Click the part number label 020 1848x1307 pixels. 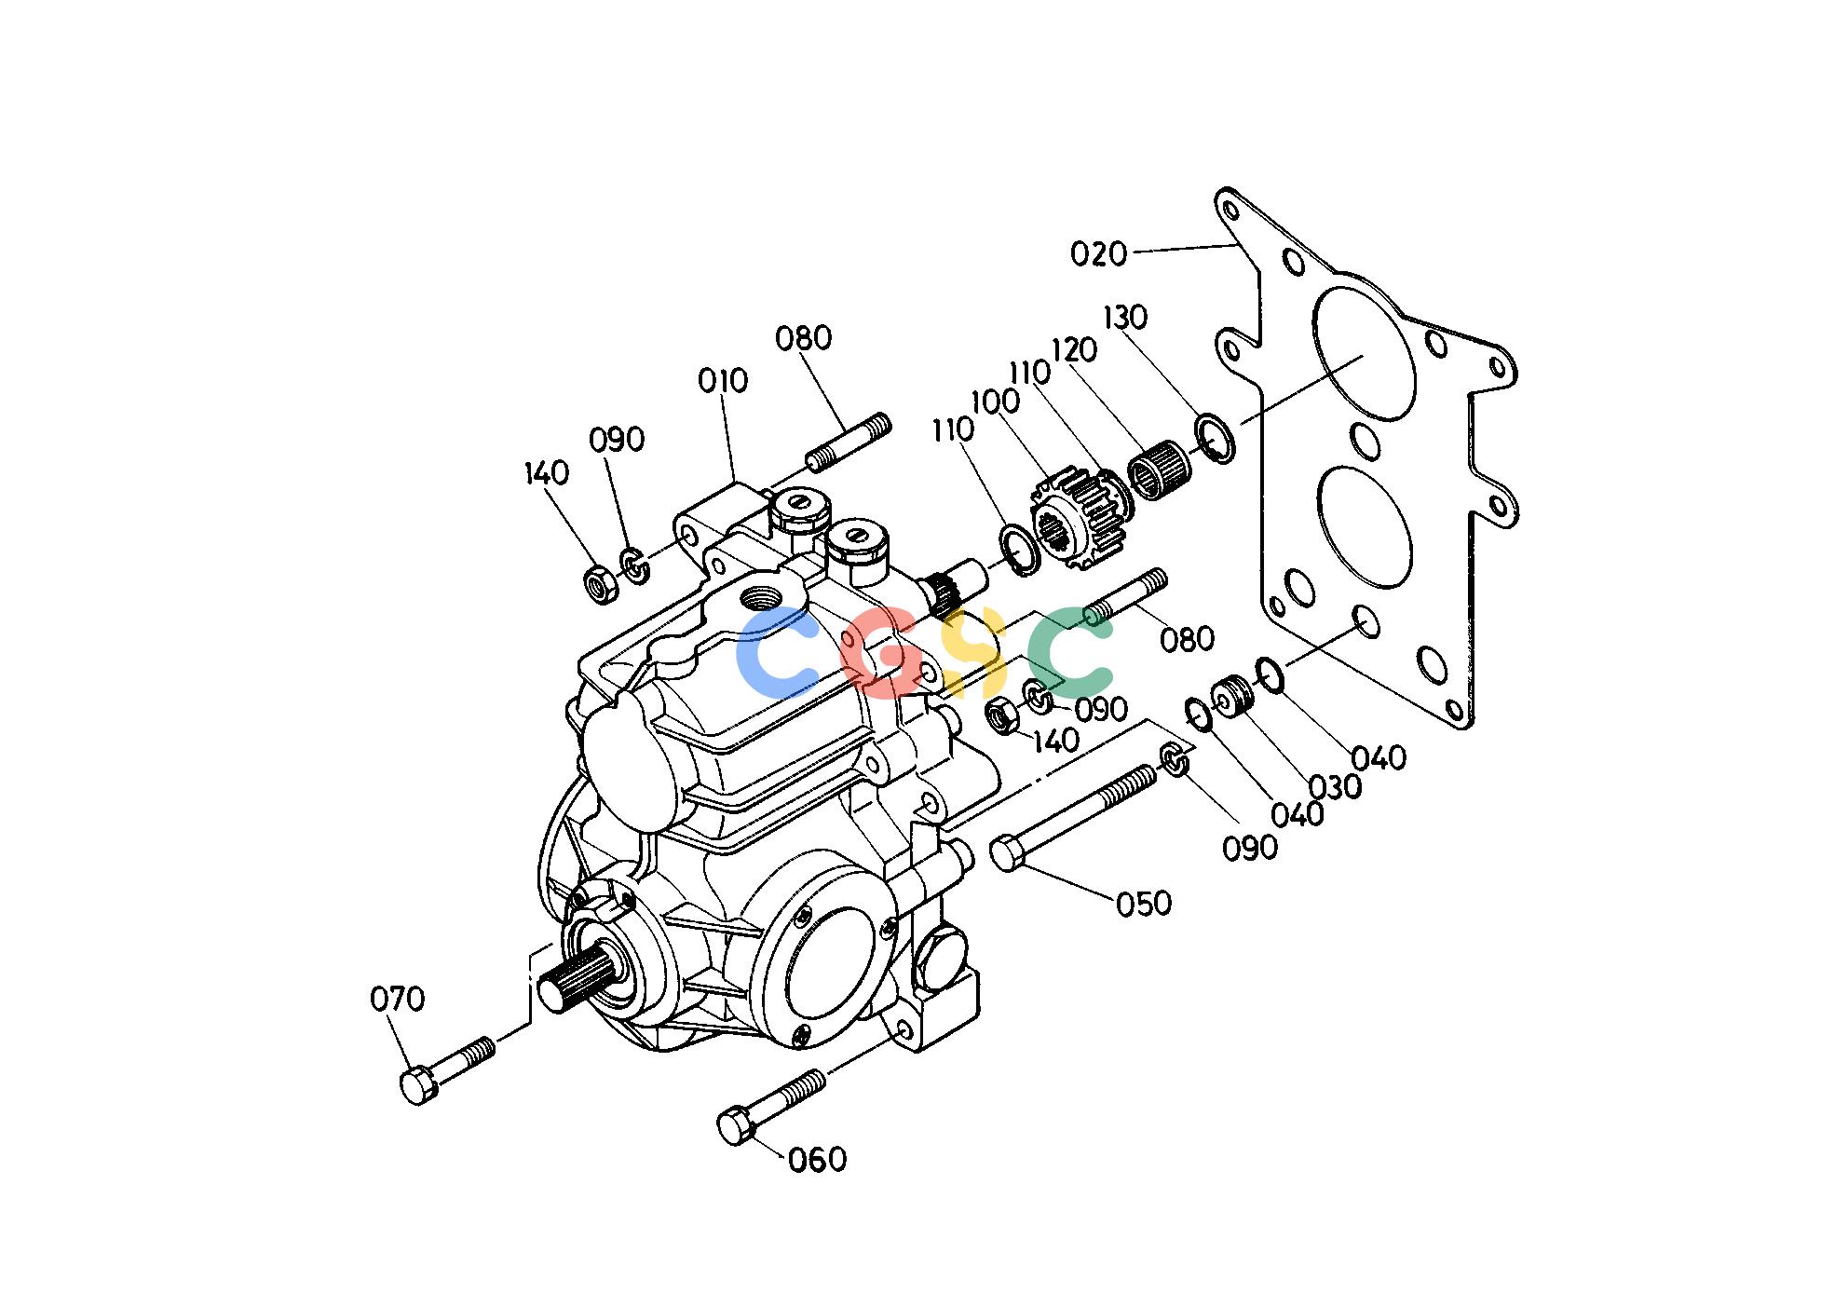pyautogui.click(x=1098, y=253)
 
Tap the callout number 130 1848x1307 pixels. pyautogui.click(x=1125, y=318)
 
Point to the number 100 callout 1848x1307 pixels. pyautogui.click(x=995, y=402)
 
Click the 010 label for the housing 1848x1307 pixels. pyautogui.click(x=723, y=380)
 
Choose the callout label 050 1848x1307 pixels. pyautogui.click(x=1144, y=903)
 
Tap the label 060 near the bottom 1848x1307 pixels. pyautogui.click(x=817, y=1160)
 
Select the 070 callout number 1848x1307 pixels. pyautogui.click(x=398, y=1000)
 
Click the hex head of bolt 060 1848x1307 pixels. pyautogui.click(x=736, y=1126)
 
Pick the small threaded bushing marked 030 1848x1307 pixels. pyautogui.click(x=1231, y=698)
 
